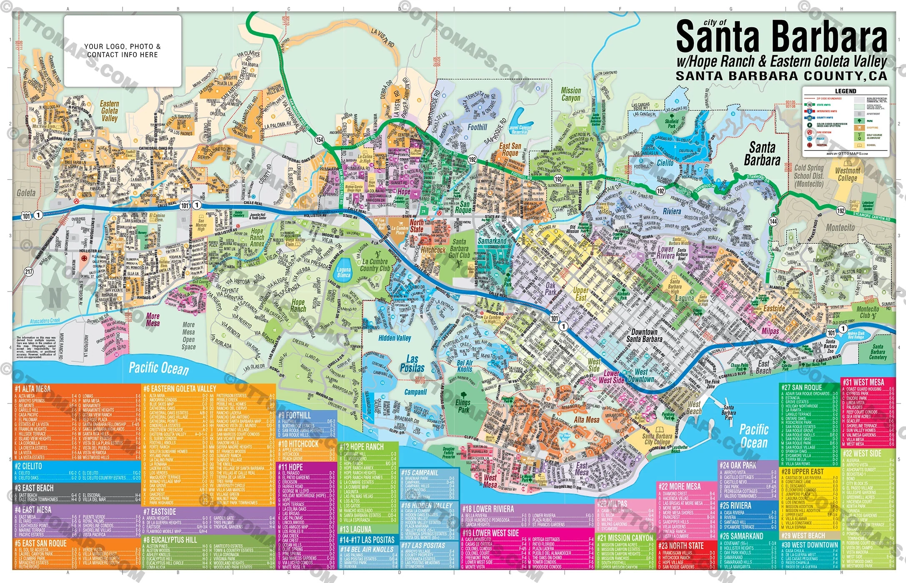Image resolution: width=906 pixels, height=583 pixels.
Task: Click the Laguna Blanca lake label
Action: [x=344, y=272]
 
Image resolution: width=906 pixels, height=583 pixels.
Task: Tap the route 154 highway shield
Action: [x=319, y=140]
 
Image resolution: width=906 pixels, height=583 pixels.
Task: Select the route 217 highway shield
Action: [x=28, y=272]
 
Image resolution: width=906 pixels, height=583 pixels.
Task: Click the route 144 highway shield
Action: [x=773, y=221]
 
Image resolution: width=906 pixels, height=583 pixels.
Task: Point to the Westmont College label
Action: [x=847, y=174]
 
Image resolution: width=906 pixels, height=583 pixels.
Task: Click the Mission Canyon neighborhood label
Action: [x=571, y=94]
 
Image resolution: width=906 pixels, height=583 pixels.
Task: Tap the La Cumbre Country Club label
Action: [x=375, y=265]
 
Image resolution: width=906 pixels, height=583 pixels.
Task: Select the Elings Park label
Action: [x=463, y=406]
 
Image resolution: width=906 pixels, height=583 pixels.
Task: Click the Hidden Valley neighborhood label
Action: [x=395, y=338]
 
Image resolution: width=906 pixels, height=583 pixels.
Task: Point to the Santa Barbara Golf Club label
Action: [x=459, y=249]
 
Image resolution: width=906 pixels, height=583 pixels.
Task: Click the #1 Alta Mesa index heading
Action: [x=33, y=389]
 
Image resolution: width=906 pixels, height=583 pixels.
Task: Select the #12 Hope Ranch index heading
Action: [x=361, y=447]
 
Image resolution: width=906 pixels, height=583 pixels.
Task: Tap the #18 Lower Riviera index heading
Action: [x=488, y=509]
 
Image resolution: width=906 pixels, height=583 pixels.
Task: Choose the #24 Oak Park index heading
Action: [x=738, y=465]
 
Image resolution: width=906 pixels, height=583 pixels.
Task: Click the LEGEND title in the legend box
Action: [x=846, y=91]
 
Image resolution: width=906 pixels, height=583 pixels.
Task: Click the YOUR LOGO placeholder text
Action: [x=122, y=50]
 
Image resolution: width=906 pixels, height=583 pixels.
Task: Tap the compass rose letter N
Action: [x=55, y=298]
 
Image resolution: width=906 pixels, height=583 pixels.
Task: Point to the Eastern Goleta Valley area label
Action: [x=109, y=111]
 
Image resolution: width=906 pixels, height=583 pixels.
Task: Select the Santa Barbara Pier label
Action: [x=728, y=412]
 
